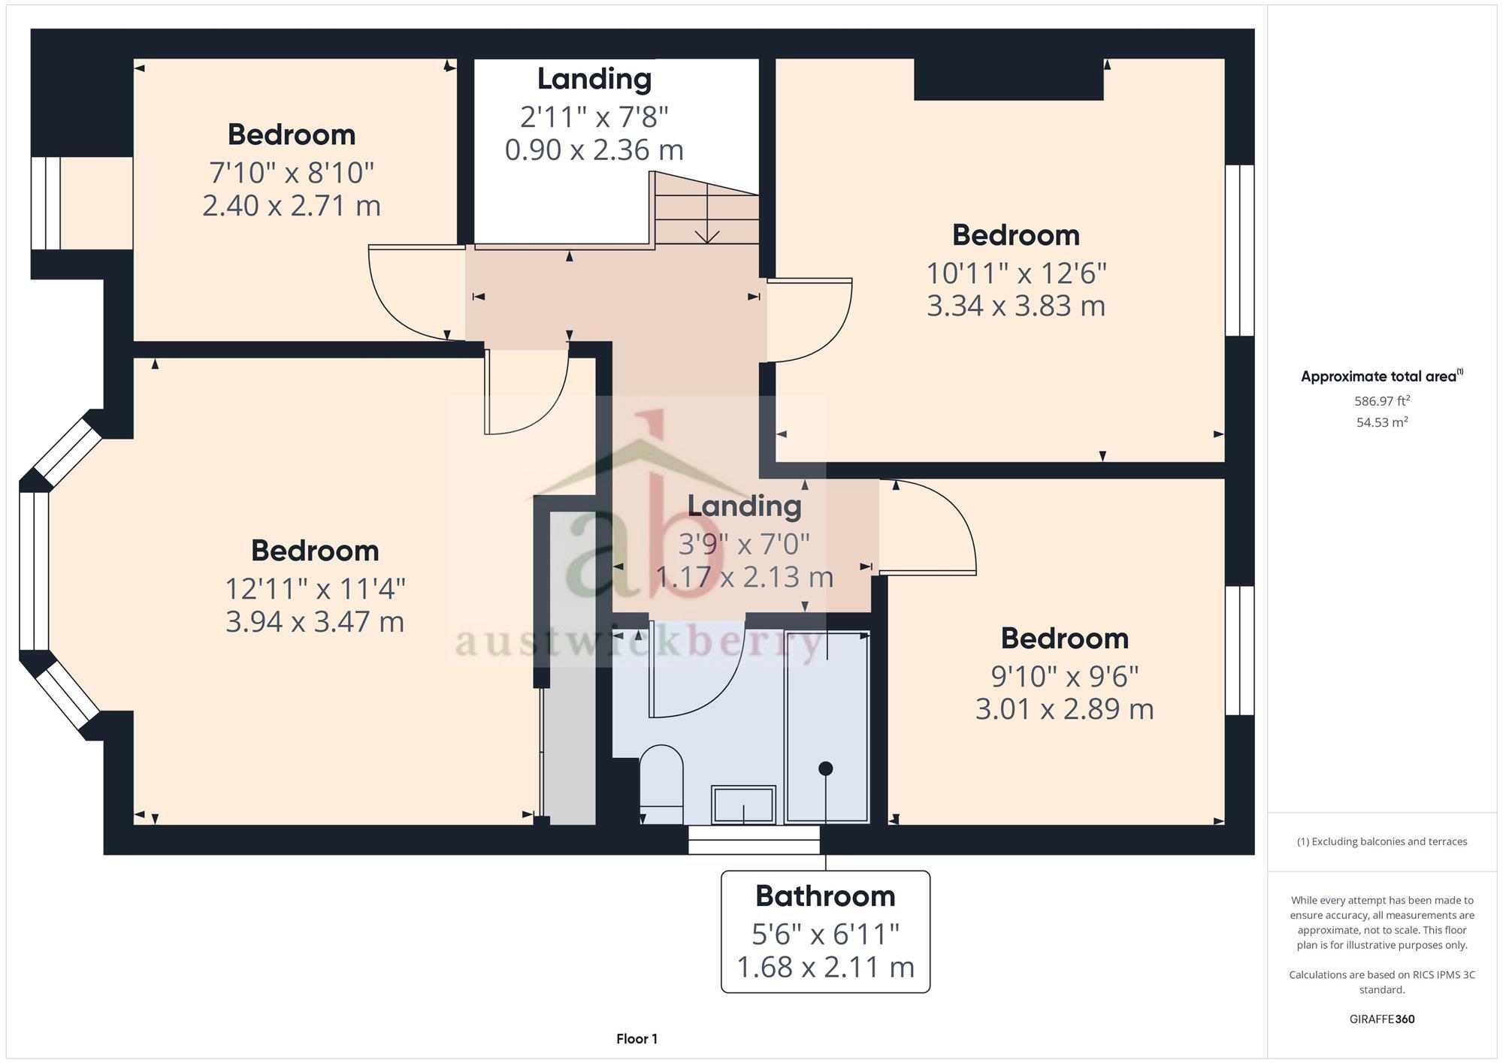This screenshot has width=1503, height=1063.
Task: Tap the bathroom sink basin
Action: tap(743, 805)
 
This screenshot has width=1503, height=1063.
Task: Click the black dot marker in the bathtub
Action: tap(826, 768)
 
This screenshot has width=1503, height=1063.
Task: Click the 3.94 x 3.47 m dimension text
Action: tap(315, 622)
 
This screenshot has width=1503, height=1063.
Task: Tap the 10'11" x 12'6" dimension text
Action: tap(1016, 273)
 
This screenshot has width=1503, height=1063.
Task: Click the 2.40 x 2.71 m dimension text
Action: tap(292, 205)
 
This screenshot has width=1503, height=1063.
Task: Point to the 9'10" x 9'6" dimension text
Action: tap(1064, 676)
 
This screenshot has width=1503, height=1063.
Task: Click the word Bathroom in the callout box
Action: tap(825, 895)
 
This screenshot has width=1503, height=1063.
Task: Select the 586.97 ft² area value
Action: tap(1382, 401)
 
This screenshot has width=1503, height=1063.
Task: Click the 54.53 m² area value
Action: tap(1382, 422)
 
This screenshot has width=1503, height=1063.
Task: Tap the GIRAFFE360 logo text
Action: tap(1382, 1019)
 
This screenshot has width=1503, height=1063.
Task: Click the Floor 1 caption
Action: tap(637, 1039)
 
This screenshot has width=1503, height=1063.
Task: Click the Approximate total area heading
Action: tap(1381, 376)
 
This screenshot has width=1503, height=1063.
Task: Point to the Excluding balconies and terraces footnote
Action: tap(1382, 841)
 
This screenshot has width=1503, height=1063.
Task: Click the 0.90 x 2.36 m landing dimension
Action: tap(594, 150)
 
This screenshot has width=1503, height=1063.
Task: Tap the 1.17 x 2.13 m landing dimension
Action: tap(744, 577)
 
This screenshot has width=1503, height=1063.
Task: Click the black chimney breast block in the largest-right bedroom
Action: tap(1009, 79)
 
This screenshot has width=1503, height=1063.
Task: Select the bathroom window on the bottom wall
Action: tap(754, 840)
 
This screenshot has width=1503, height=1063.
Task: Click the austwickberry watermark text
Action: tap(639, 643)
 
